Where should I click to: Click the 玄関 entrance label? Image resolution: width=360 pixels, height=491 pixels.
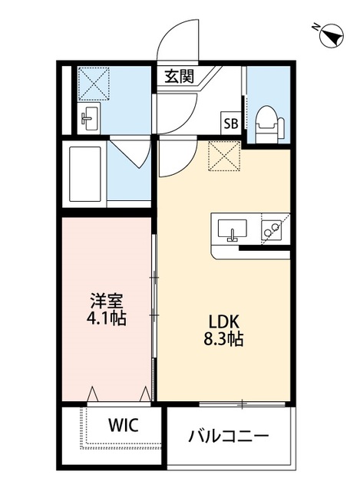coord(178,76)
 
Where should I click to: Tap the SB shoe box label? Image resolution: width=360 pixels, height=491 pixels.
coord(230,122)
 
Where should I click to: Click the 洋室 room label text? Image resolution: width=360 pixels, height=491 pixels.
coord(104,299)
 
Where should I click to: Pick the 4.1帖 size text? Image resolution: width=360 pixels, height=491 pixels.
coord(104,316)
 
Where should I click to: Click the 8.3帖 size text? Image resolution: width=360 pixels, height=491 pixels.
coord(223,338)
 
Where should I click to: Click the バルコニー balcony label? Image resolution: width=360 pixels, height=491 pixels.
coord(229,437)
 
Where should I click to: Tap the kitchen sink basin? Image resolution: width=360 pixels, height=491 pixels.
coord(232,229)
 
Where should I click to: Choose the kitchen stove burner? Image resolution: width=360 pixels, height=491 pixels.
coord(271,229)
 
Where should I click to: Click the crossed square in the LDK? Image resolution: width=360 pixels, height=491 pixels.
coord(226,157)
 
